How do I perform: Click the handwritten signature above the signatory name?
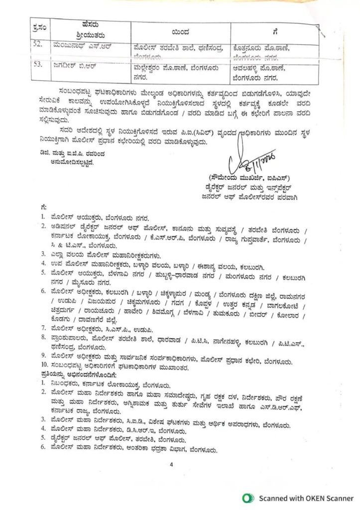click(x=244, y=162)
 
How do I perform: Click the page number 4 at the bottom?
click(x=170, y=464)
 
